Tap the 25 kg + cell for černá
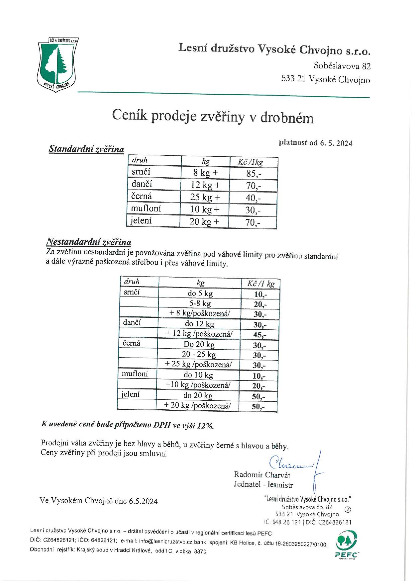pyautogui.click(x=205, y=198)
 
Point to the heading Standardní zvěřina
pyautogui.click(x=86, y=149)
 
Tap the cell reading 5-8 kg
pyautogui.click(x=200, y=303)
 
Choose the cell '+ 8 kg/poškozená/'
pyautogui.click(x=200, y=314)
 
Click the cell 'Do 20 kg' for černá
pyautogui.click(x=199, y=344)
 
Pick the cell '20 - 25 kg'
pyautogui.click(x=199, y=355)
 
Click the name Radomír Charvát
pyautogui.click(x=262, y=474)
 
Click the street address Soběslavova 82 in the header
pyautogui.click(x=342, y=66)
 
